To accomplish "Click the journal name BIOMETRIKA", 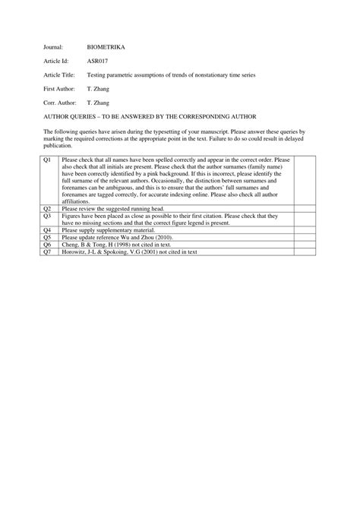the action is (x=106, y=47).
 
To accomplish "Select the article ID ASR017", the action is (x=98, y=61).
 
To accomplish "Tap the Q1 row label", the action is (x=46, y=160).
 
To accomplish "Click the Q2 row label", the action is (x=46, y=208).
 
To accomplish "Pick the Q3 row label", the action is (x=46, y=215).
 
